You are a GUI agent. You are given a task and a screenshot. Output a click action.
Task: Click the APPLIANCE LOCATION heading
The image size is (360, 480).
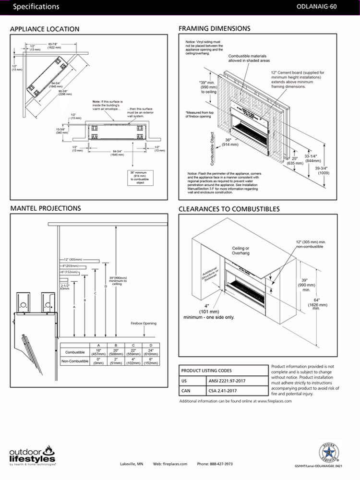(45, 29)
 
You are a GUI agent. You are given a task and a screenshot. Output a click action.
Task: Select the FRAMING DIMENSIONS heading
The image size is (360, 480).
(214, 29)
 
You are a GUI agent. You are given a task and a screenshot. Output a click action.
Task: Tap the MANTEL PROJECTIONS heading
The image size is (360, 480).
(45, 208)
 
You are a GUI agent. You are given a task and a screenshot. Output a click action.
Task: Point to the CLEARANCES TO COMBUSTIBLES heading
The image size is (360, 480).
(229, 209)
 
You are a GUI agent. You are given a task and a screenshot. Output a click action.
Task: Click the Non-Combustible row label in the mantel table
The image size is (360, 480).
(74, 361)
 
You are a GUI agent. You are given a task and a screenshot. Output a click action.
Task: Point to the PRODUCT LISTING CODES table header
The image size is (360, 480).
(206, 371)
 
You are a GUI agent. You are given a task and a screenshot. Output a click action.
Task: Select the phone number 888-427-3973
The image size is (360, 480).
(215, 464)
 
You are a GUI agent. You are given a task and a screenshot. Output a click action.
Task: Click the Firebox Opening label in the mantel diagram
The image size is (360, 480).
(144, 324)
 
